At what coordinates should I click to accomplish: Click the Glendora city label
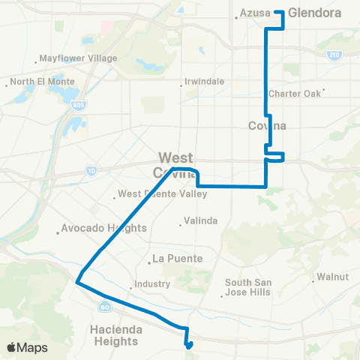[314, 13]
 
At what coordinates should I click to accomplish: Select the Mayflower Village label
[79, 58]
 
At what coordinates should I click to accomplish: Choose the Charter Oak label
[295, 94]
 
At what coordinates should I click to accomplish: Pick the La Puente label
[178, 259]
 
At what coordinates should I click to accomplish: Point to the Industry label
[152, 285]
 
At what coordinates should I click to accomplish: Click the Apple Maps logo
[26, 347]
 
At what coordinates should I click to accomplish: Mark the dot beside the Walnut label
[313, 282]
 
